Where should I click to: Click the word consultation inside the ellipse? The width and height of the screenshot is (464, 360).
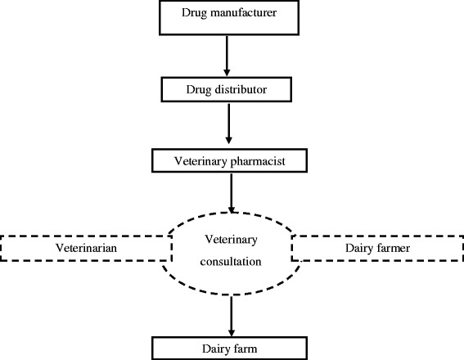[x=232, y=262]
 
